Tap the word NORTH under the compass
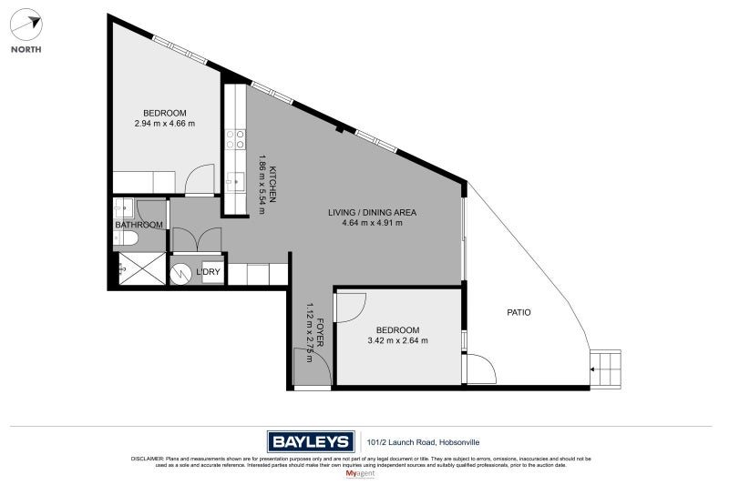coord(26,50)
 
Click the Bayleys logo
coord(310,442)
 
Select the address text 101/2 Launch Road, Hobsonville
coord(428,442)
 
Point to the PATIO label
coord(519,312)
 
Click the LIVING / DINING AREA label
coord(372,212)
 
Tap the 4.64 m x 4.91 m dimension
coord(372,223)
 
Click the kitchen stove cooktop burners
coord(235,139)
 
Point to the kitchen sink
coord(236,181)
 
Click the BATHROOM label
coord(139,225)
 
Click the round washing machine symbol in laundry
coord(182,272)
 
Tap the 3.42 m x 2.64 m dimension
coord(397,340)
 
